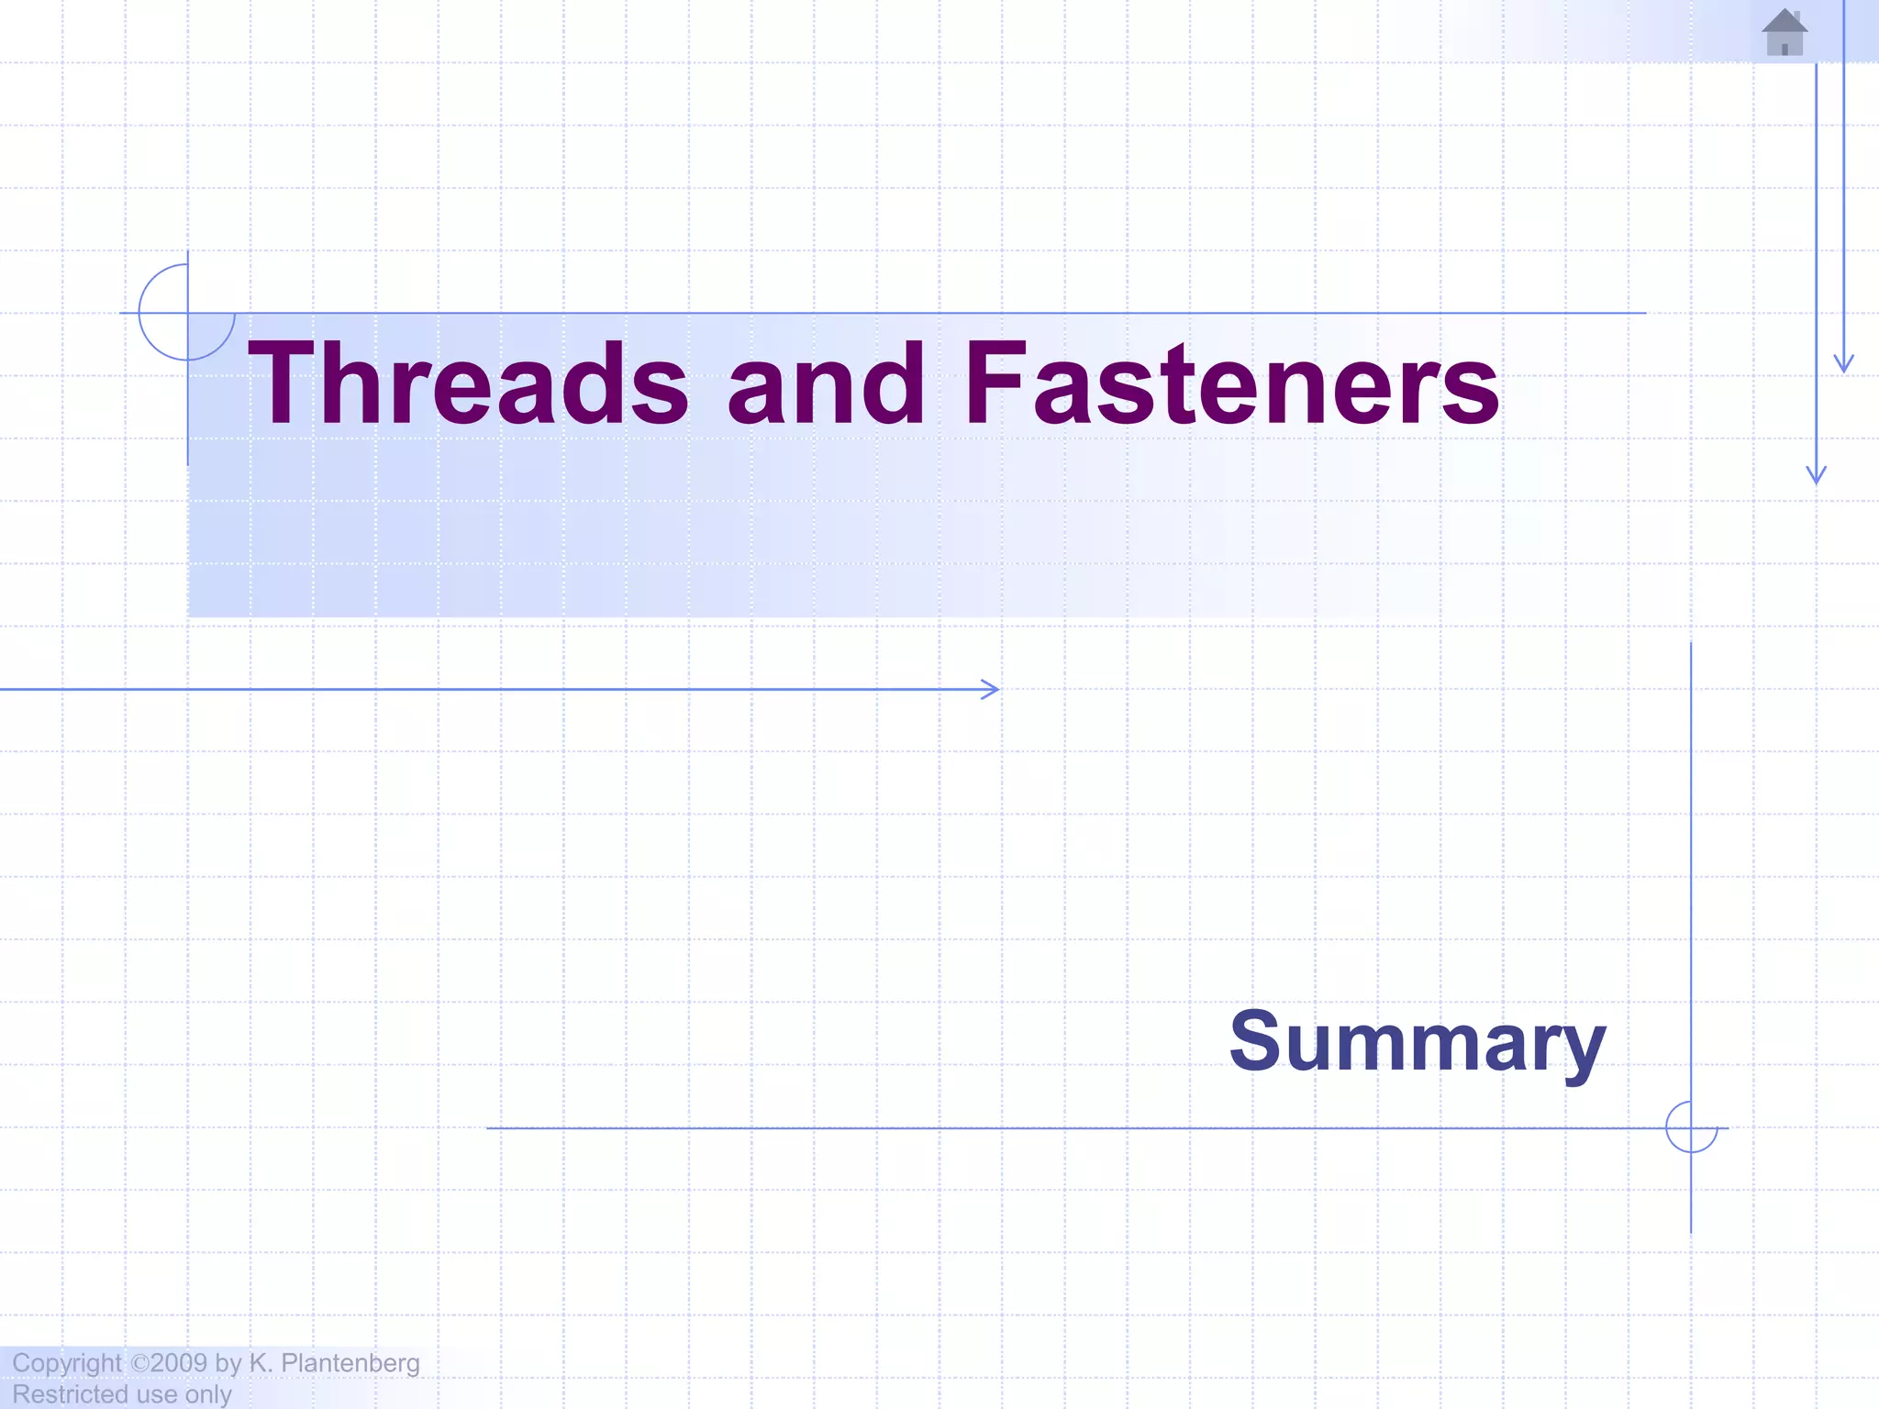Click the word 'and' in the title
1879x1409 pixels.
[826, 383]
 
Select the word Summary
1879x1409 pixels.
[1418, 1042]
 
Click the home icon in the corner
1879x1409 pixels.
[1784, 33]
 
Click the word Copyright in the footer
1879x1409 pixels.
[66, 1363]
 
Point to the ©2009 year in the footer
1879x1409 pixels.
[169, 1363]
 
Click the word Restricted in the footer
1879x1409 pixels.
[70, 1394]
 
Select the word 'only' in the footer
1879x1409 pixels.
[208, 1394]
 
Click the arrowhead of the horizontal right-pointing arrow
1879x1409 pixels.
[993, 689]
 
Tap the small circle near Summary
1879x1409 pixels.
[1691, 1127]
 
